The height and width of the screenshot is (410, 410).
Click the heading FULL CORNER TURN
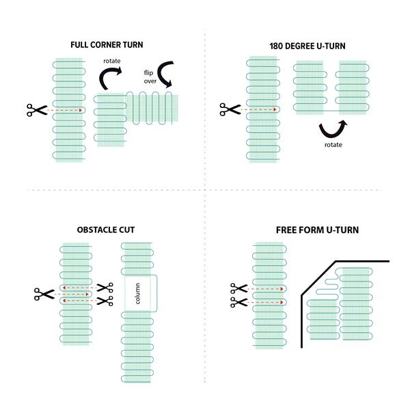point(107,45)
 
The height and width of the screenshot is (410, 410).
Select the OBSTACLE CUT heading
point(107,230)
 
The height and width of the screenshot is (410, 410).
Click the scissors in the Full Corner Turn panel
point(35,109)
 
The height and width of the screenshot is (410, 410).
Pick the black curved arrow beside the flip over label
point(169,75)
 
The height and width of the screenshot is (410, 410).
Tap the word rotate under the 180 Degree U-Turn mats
point(333,145)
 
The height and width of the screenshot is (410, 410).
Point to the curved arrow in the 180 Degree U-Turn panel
point(333,128)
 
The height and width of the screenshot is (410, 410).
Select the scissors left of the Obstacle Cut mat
point(43,295)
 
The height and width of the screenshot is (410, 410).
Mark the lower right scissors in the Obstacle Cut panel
point(105,301)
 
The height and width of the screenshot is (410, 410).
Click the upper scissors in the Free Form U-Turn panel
point(238,289)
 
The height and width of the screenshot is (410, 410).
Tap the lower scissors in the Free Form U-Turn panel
point(238,301)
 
